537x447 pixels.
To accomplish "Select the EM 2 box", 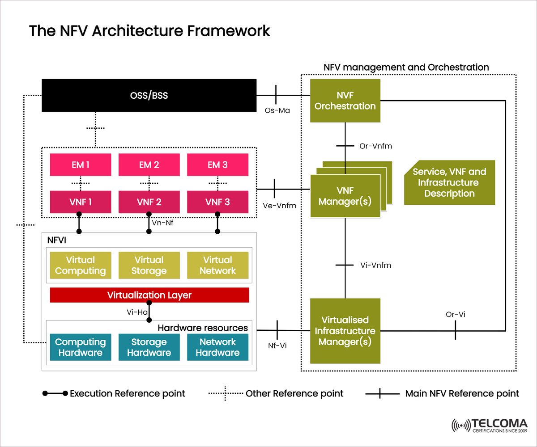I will click(x=149, y=165).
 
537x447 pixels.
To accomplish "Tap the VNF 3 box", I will click(x=217, y=202).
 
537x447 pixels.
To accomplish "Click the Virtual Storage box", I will click(x=149, y=265).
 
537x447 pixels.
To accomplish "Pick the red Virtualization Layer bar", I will click(x=149, y=295).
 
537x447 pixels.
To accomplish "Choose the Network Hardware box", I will click(x=217, y=347).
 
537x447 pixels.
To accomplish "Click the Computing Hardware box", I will click(x=80, y=347).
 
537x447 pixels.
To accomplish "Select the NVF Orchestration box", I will click(x=345, y=101).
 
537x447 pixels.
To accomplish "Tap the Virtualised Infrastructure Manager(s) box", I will click(x=345, y=331).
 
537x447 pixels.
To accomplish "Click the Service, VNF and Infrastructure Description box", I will click(x=449, y=182).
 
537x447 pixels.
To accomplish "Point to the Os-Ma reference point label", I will click(x=277, y=110).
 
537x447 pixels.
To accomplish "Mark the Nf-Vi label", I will click(x=277, y=346).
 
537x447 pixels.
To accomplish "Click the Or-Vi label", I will click(x=456, y=315).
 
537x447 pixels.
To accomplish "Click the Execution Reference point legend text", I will click(x=128, y=394).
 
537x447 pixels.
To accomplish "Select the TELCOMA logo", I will click(x=490, y=425).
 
